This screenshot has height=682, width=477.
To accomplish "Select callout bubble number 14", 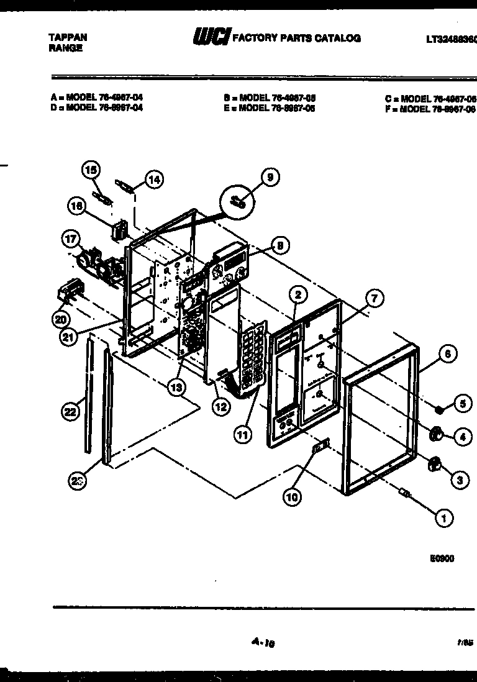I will point(153,180).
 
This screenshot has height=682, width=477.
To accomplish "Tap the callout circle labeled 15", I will point(91,169).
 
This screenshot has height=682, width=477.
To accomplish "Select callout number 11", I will point(243,435).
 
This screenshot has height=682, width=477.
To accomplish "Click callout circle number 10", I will point(293,496).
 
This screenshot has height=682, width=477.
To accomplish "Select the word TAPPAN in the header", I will point(68,37).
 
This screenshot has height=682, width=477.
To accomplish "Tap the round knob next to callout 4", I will point(435,434).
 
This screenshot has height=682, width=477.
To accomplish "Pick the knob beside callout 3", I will point(435,463).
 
